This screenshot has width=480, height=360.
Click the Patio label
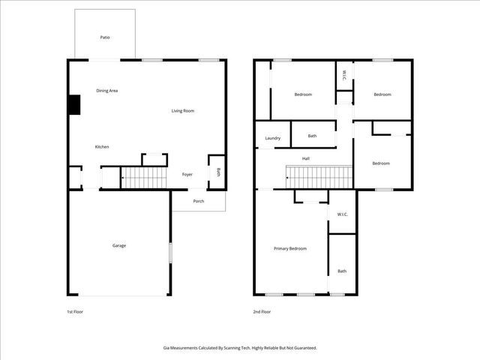click(x=105, y=37)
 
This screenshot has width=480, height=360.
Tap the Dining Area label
click(x=107, y=91)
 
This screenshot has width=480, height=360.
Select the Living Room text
click(x=183, y=111)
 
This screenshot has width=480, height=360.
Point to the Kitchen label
click(x=102, y=146)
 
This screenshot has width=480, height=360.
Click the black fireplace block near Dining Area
click(x=74, y=105)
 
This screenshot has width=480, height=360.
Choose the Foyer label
click(x=187, y=175)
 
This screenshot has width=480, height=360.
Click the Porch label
click(x=199, y=201)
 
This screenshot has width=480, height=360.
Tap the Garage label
click(x=119, y=245)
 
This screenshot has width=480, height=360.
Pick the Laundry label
click(x=273, y=138)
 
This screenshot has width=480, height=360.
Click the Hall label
click(x=306, y=159)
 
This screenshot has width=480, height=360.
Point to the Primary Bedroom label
click(x=290, y=248)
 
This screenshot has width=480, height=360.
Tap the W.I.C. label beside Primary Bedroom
click(x=342, y=214)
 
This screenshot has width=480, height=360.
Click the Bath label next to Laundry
click(x=312, y=136)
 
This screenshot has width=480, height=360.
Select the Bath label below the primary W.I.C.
click(x=342, y=271)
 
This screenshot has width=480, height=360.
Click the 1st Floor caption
click(x=74, y=311)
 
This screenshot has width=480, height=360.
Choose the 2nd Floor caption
click(x=262, y=311)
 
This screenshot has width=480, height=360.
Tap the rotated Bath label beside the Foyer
click(x=218, y=171)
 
